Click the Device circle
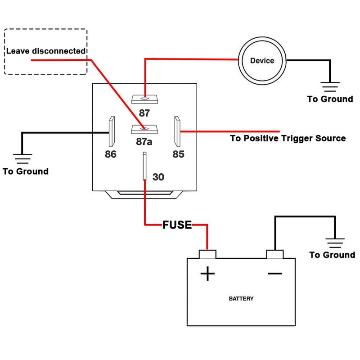(261, 60)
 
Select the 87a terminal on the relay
(144, 129)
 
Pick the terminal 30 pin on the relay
(144, 166)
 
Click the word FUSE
(177, 225)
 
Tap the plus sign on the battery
(207, 273)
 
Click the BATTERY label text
(241, 298)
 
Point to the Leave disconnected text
(45, 51)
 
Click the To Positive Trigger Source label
(288, 138)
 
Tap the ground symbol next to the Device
(330, 86)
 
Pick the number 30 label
(158, 177)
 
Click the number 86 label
(110, 154)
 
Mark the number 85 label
(178, 154)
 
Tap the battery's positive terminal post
(207, 254)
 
